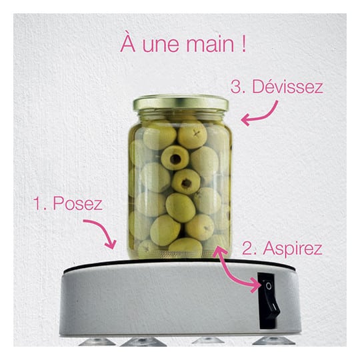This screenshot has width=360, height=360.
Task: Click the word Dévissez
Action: click(x=288, y=87)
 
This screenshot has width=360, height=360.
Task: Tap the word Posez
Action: click(x=77, y=203)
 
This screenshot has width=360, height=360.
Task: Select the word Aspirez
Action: click(x=293, y=249)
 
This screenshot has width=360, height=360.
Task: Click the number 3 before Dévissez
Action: click(x=237, y=87)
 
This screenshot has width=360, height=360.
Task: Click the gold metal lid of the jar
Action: click(x=181, y=103)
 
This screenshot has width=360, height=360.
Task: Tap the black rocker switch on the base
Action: click(x=268, y=301)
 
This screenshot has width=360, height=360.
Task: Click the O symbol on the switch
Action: click(x=269, y=286)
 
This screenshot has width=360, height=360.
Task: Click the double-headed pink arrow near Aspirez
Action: click(x=232, y=271)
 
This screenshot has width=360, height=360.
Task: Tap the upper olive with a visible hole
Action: click(x=175, y=158)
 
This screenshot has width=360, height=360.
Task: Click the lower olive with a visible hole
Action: click(x=186, y=182)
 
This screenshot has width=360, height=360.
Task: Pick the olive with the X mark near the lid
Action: click(x=193, y=135)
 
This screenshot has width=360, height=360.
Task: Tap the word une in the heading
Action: click(x=161, y=46)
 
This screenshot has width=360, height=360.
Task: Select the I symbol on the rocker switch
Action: click(x=274, y=306)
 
